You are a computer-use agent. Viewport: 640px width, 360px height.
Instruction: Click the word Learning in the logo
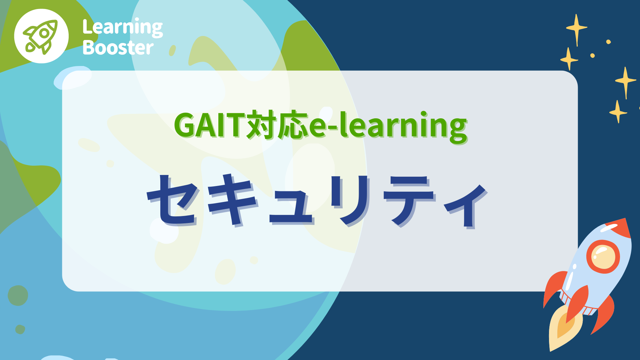tap(122, 28)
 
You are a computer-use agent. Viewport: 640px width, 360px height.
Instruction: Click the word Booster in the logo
tap(118, 48)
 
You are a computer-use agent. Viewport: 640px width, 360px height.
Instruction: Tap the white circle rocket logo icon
tap(41, 36)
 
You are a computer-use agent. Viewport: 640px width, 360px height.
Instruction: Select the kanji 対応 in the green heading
tap(277, 125)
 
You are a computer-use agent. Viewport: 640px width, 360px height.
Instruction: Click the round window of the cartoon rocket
tap(603, 256)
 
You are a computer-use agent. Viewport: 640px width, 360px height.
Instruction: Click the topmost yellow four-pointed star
tap(577, 29)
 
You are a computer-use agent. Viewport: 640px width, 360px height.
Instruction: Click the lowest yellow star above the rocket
tap(618, 112)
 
